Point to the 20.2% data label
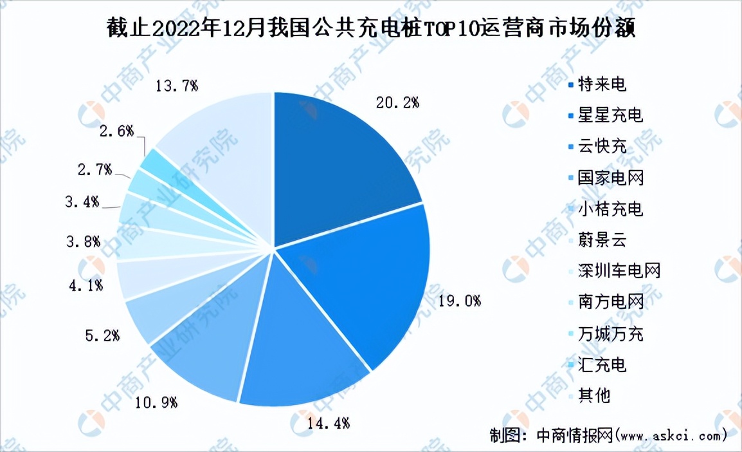coord(397,102)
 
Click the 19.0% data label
coord(458,300)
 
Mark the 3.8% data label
coord(84,242)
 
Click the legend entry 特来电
coord(601,84)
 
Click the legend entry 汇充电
coord(601,364)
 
